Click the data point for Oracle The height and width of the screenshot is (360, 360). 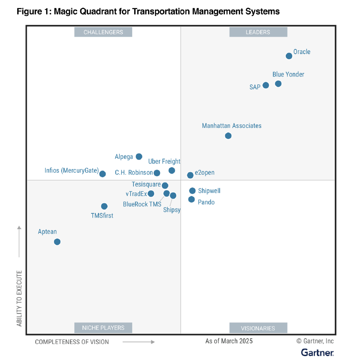point(289,56)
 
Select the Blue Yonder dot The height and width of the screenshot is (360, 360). point(278,84)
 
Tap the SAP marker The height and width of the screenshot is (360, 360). point(265,85)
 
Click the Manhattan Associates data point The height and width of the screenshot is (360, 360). point(228,136)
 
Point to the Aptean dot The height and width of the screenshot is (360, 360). point(57,242)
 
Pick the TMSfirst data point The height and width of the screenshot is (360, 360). point(104,206)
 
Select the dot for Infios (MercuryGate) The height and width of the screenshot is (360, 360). point(102,174)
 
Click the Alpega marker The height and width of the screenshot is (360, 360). point(139,157)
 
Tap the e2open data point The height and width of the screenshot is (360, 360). point(190,175)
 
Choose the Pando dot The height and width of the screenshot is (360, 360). point(191,199)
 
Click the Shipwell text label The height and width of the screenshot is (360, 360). point(209,191)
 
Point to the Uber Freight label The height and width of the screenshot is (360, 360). point(164,161)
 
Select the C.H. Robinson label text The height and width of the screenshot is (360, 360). point(134,173)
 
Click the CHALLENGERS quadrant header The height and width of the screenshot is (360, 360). point(103,32)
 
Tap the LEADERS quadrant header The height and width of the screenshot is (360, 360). point(258,32)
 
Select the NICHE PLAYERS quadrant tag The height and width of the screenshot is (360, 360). point(103,328)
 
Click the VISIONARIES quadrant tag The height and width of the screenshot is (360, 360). point(258,328)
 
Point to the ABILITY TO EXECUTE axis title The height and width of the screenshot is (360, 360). point(19,298)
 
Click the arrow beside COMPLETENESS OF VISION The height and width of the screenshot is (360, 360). point(139,342)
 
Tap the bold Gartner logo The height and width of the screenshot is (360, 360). point(317,353)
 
